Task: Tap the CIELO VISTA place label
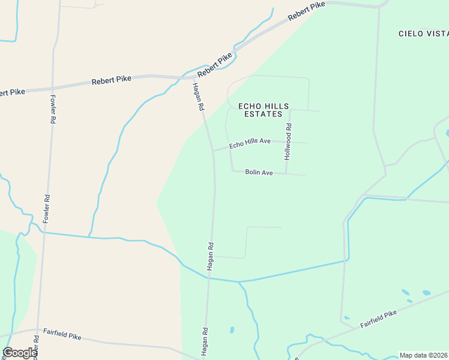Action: pos(423,34)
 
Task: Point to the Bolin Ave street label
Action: pos(259,173)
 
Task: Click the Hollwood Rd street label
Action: pos(288,142)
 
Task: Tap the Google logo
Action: pos(20,353)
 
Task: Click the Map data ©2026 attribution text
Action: pos(423,355)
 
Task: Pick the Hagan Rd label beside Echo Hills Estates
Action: pos(198,97)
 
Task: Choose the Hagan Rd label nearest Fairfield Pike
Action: pos(205,340)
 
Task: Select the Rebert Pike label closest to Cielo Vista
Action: pos(306,12)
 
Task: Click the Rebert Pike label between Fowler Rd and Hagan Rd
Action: pos(111,80)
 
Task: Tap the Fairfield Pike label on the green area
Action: pos(379,319)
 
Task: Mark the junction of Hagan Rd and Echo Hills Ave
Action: pos(213,151)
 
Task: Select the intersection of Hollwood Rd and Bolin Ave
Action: pos(286,174)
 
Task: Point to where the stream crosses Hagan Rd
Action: pos(209,278)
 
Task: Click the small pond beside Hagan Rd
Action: pos(232,330)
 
